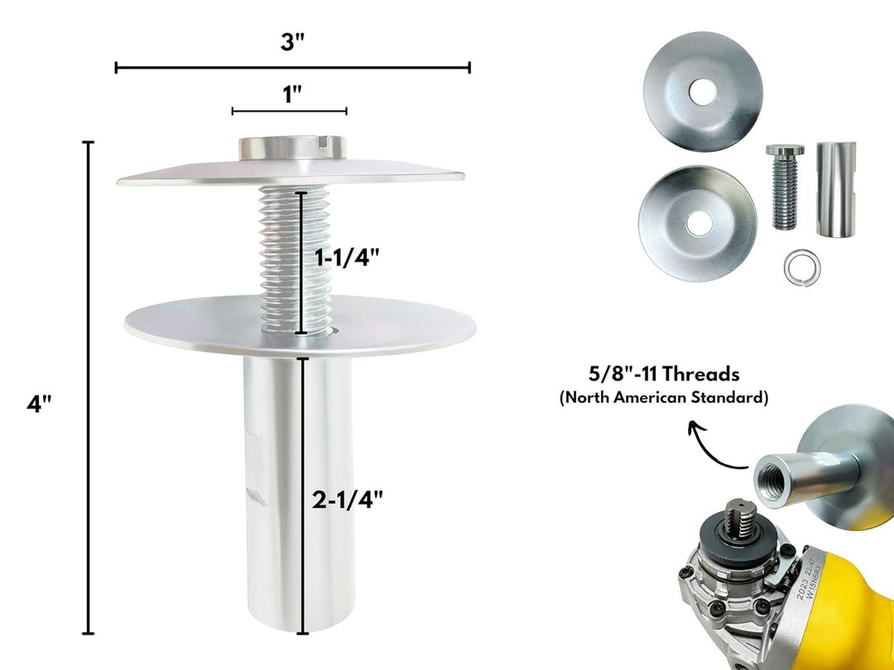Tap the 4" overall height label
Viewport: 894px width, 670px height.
39,405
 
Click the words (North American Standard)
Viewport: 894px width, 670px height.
663,398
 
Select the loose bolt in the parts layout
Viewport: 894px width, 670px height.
784,187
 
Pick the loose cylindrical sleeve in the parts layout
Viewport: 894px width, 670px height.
834,189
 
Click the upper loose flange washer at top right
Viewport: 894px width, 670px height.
702,89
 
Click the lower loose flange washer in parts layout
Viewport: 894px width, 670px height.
697,212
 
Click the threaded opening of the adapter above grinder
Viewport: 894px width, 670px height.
776,477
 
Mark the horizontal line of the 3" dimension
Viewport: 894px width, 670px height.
207,67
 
